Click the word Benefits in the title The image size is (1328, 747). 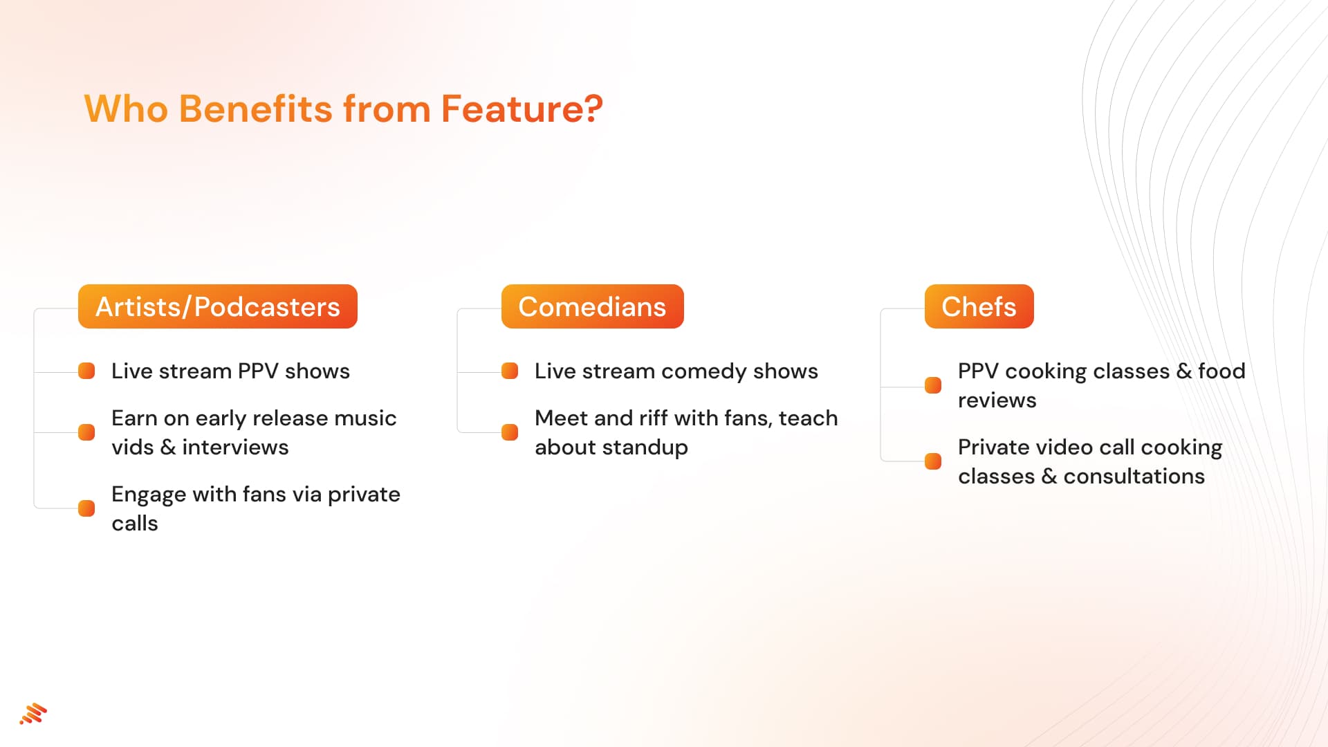(255, 109)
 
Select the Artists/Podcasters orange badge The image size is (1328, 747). (217, 306)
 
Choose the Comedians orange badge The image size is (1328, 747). (592, 306)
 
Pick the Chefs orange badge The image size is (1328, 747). (979, 306)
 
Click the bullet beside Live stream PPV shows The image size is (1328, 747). (86, 371)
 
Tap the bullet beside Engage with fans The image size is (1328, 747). (86, 508)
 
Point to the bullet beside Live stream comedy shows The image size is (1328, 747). (510, 371)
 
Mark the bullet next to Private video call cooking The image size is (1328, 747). (933, 461)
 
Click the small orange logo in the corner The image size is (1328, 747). (33, 714)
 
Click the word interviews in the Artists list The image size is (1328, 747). (235, 448)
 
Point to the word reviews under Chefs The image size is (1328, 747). (997, 400)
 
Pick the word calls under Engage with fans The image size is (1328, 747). (135, 524)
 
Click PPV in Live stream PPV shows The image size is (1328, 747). (258, 371)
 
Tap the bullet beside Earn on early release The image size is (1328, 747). (86, 432)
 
